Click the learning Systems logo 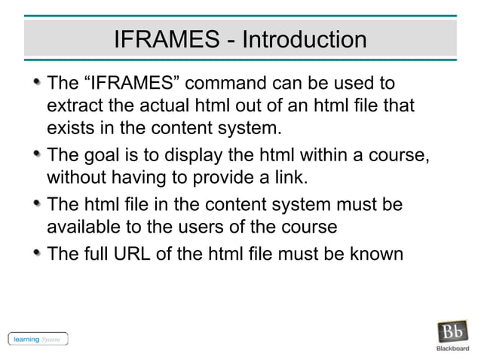pos(38,339)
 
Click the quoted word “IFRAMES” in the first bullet pos(136,81)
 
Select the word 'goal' pos(102,155)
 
